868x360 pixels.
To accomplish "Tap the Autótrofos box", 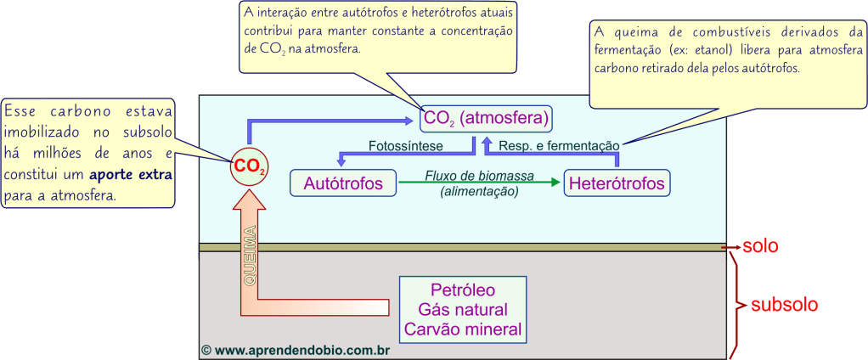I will (x=343, y=182).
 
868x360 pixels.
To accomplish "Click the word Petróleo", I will (x=463, y=290).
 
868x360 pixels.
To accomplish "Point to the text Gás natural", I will (x=463, y=309).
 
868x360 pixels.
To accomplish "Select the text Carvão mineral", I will (x=463, y=329).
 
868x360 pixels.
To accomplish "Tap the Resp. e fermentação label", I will (x=558, y=146).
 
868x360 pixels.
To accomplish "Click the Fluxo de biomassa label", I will (x=479, y=177).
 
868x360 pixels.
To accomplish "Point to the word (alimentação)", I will (x=479, y=192).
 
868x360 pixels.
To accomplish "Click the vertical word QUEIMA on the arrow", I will (x=252, y=256).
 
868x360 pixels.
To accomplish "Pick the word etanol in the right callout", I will (x=737, y=50).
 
